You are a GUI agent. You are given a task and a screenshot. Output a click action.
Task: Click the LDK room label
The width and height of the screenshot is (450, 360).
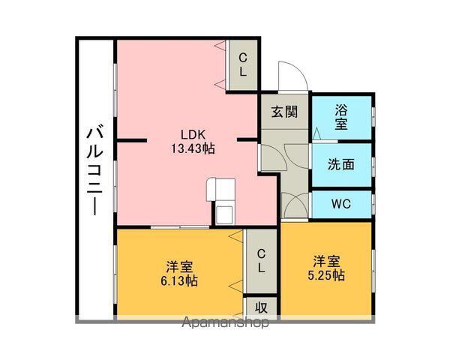(x=193, y=134)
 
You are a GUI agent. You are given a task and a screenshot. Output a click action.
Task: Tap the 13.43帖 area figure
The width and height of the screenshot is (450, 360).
(x=193, y=148)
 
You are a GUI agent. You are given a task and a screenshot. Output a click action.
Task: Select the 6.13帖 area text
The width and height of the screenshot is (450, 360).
(x=179, y=280)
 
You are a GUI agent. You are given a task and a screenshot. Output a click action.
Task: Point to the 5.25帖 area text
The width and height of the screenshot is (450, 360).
(x=326, y=275)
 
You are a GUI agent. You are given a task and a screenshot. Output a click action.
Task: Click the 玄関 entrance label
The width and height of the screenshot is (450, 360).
(x=285, y=112)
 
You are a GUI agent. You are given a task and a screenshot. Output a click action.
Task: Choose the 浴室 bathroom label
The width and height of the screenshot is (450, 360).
(x=341, y=117)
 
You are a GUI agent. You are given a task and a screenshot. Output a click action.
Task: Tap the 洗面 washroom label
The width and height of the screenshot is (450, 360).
(x=341, y=164)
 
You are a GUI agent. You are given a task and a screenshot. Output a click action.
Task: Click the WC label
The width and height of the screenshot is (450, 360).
(x=341, y=204)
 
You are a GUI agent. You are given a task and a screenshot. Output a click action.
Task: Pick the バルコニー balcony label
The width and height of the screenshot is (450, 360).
(x=95, y=172)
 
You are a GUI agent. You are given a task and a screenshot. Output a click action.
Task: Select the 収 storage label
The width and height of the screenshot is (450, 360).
(x=261, y=307)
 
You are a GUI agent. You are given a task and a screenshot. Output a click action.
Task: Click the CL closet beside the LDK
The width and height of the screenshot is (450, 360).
(x=243, y=65)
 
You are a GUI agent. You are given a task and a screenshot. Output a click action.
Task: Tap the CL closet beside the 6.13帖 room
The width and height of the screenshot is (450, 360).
(x=261, y=261)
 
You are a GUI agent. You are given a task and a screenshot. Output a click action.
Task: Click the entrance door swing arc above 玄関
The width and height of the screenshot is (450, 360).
(x=298, y=67)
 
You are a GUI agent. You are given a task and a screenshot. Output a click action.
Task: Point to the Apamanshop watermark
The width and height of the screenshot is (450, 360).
(x=226, y=322)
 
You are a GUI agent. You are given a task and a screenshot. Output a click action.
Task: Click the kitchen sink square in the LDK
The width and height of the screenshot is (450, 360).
(x=224, y=214)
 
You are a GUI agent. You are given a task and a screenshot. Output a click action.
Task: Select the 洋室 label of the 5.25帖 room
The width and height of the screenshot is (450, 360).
(x=326, y=261)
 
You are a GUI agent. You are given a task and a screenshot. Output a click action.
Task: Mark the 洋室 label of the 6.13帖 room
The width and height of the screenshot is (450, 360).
(x=179, y=267)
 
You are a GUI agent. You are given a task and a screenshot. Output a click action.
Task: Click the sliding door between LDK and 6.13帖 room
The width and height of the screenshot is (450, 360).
(x=180, y=227)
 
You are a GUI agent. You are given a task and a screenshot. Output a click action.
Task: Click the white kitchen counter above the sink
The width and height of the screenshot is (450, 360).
(x=220, y=190)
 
